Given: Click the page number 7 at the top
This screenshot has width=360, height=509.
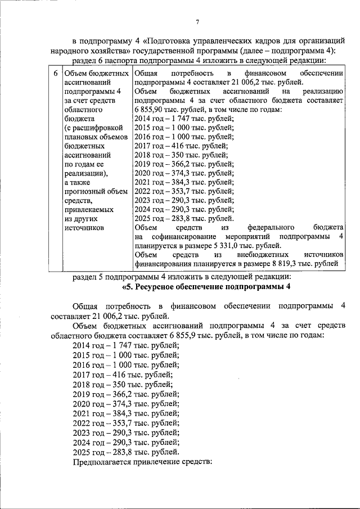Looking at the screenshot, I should [197, 22].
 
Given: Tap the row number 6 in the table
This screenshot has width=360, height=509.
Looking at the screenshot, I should [55, 74].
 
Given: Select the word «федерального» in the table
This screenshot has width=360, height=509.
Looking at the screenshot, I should [272, 227].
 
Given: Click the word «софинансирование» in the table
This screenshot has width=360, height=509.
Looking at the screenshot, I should [180, 236].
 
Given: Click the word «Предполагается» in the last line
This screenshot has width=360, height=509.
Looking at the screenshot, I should [102, 462].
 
